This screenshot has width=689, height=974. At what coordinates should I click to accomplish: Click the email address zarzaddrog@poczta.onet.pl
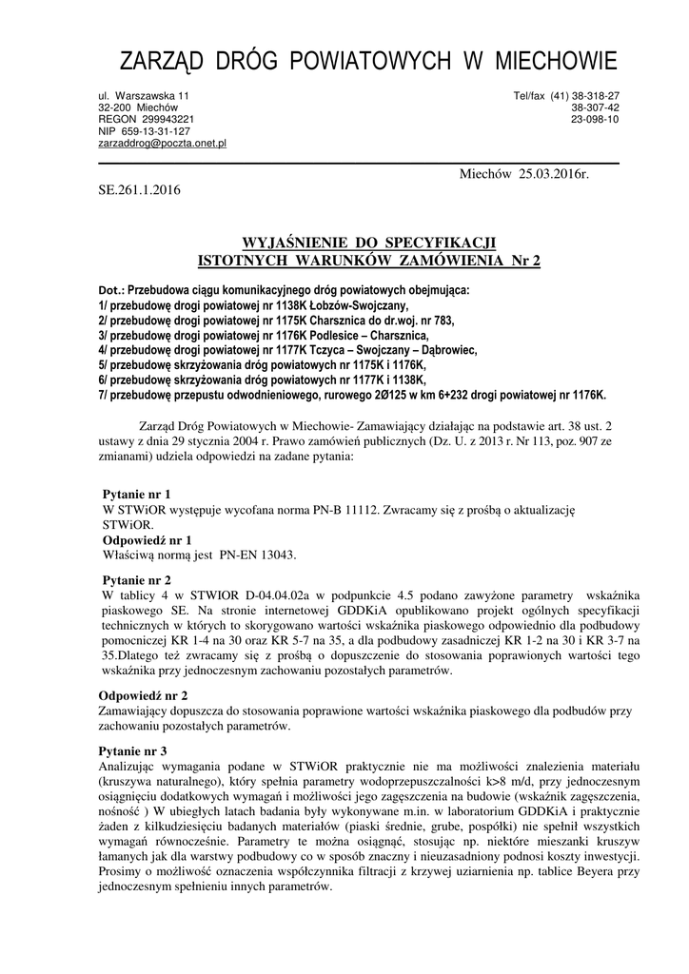[x=162, y=143]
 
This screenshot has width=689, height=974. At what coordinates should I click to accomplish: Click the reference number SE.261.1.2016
[x=139, y=189]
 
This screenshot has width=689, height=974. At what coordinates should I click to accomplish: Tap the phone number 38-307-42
[x=595, y=108]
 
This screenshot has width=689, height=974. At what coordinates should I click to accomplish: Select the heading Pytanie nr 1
[x=137, y=495]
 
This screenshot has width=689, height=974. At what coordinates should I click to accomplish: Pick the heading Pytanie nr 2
[x=137, y=579]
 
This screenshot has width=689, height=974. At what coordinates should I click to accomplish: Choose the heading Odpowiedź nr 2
[x=144, y=695]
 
